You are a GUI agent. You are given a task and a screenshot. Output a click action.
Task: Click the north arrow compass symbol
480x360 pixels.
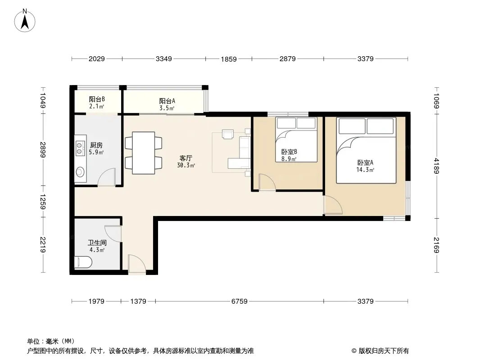pyautogui.click(x=25, y=21)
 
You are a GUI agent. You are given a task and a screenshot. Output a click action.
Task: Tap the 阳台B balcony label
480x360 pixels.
pyautogui.click(x=97, y=103)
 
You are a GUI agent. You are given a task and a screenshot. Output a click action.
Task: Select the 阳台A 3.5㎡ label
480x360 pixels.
pyautogui.click(x=167, y=104)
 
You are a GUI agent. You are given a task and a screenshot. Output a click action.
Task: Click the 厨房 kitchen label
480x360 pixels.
pyautogui.click(x=96, y=148)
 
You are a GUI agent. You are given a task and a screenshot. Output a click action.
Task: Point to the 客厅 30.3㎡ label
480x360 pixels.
pyautogui.click(x=186, y=162)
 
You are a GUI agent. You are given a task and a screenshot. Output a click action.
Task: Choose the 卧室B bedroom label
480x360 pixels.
pyautogui.click(x=289, y=155)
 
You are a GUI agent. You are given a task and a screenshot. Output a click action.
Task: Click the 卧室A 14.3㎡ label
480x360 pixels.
pyautogui.click(x=365, y=166)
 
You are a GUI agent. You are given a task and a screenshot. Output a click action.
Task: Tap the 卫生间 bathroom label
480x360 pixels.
pyautogui.click(x=97, y=246)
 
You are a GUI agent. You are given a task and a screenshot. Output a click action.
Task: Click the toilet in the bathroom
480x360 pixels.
pyautogui.click(x=83, y=262)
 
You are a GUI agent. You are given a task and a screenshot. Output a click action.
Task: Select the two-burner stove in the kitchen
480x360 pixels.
pyautogui.click(x=80, y=148)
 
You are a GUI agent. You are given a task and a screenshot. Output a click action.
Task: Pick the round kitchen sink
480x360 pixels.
pyautogui.click(x=80, y=172)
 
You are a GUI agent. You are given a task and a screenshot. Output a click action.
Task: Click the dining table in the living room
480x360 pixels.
pyautogui.click(x=143, y=153)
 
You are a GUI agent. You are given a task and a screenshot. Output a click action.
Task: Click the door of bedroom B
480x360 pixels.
pyautogui.click(x=267, y=182)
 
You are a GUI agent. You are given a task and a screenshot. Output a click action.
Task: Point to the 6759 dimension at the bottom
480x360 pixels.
pyautogui.click(x=240, y=301)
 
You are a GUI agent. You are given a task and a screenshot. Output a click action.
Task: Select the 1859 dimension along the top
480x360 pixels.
pyautogui.click(x=229, y=59)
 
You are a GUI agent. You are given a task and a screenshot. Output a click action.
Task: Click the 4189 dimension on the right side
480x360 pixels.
pyautogui.click(x=436, y=166)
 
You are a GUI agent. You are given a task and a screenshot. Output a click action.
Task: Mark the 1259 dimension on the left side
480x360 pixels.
pyautogui.click(x=42, y=202)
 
